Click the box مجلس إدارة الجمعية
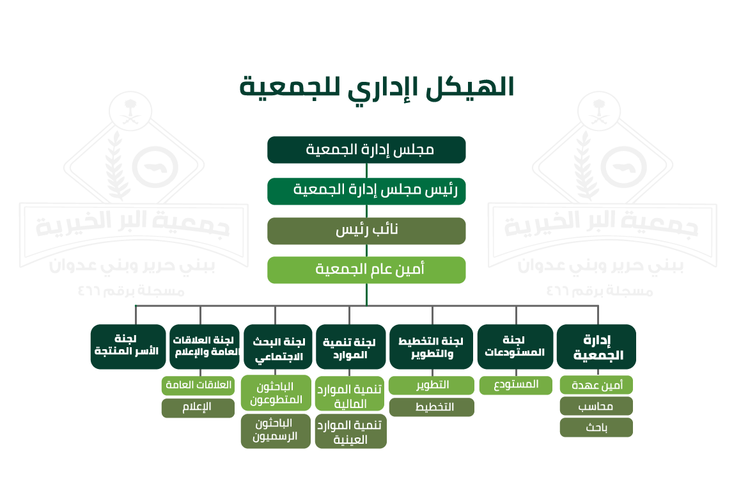pos(366,150)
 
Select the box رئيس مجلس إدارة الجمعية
pos(366,191)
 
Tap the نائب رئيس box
pos(366,231)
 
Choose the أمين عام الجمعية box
pos(366,270)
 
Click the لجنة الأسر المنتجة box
pos(128,347)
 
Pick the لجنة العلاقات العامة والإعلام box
pos(205,347)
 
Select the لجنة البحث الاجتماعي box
pos(278,347)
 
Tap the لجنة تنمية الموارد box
pos(350,347)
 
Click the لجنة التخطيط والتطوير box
pos(431,347)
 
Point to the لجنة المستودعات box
pos(515,347)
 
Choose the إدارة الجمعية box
pos(597,347)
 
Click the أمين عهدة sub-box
pos(597,385)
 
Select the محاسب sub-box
pos(597,406)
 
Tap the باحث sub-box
pos(597,427)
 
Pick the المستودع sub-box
pos(515,385)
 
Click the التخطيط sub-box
pos(432,407)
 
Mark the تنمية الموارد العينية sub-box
pos(350,432)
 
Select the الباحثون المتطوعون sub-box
pos(276,393)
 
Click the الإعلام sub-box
pos(198,408)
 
